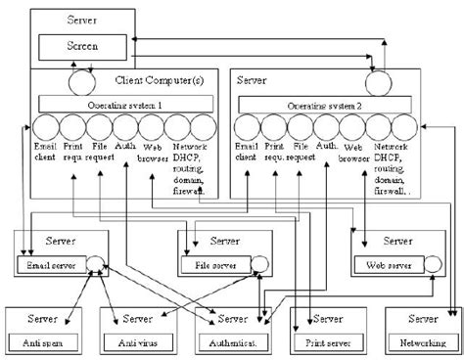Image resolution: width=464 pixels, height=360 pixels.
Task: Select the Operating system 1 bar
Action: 122,104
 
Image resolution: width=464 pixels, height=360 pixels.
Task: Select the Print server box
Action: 326,341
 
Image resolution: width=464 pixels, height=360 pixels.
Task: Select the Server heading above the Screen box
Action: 82,20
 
